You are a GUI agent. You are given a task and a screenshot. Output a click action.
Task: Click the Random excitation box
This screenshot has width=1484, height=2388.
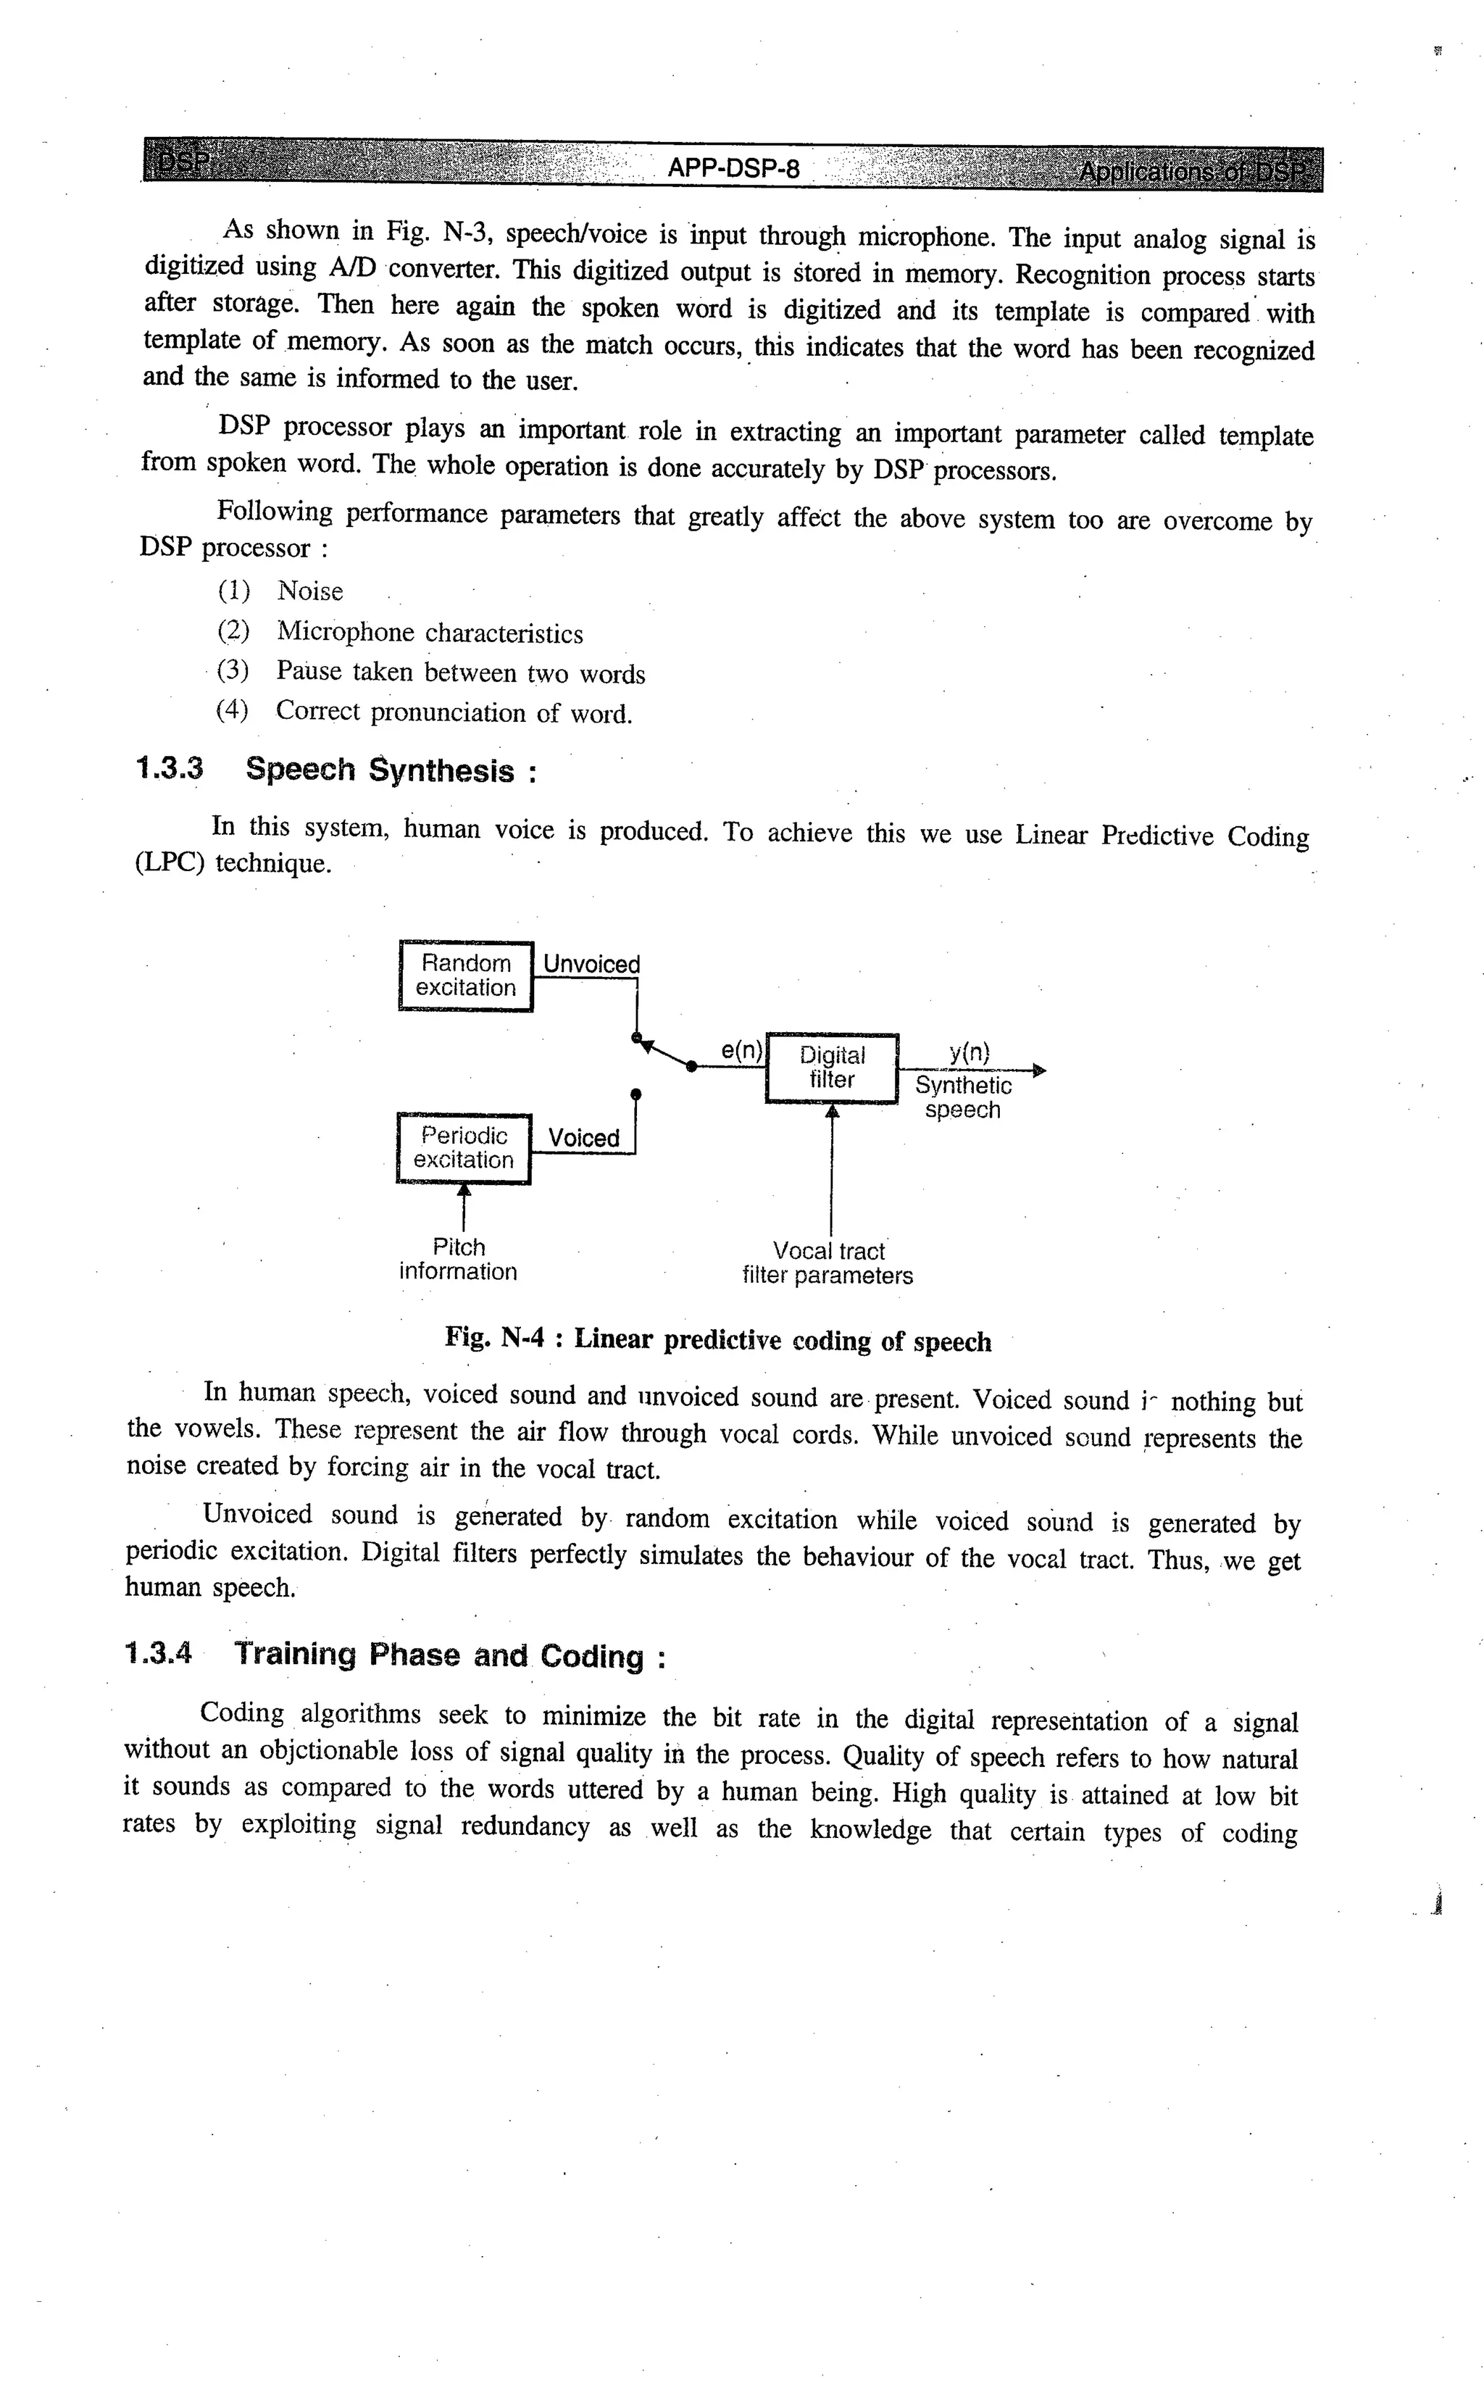click(465, 975)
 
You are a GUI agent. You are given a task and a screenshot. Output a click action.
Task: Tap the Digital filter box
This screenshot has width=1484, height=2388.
click(831, 1067)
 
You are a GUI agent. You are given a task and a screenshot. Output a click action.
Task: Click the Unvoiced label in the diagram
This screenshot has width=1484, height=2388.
click(591, 964)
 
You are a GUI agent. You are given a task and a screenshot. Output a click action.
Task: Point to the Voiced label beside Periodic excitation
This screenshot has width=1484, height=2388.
click(583, 1138)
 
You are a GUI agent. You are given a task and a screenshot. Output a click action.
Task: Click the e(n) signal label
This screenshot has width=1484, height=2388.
click(741, 1050)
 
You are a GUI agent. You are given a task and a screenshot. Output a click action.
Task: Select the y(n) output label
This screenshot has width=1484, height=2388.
click(969, 1053)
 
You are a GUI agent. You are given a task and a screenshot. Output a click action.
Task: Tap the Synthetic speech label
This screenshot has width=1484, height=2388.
click(963, 1097)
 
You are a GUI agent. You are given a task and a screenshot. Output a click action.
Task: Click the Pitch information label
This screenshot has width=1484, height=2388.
click(459, 1260)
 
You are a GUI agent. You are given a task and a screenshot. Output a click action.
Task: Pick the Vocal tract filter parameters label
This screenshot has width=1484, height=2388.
click(828, 1263)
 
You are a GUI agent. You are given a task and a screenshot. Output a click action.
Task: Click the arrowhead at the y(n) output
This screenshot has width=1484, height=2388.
click(1041, 1070)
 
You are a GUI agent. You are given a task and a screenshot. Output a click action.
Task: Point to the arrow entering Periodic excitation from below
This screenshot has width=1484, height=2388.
click(464, 1192)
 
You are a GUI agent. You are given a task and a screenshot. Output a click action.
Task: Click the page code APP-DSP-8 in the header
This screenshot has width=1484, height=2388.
click(733, 169)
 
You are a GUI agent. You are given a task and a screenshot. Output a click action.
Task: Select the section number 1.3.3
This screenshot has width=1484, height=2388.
click(169, 767)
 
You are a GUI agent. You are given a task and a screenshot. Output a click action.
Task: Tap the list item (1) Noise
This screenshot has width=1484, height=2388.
click(280, 591)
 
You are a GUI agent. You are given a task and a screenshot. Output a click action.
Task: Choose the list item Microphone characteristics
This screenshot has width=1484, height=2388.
click(429, 633)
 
